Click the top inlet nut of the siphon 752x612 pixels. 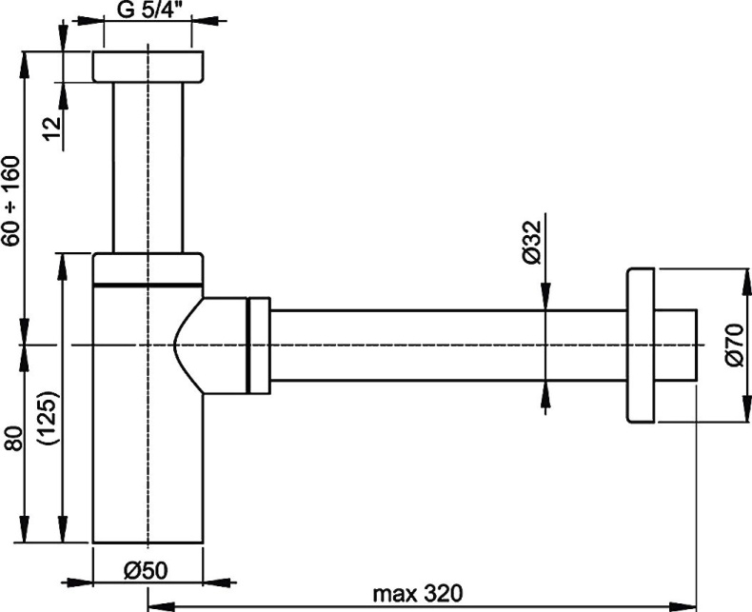(148, 68)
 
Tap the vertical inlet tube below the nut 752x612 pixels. (148, 167)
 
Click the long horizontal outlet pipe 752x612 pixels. (447, 345)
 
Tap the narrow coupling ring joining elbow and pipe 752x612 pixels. (259, 344)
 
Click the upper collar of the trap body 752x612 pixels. (148, 267)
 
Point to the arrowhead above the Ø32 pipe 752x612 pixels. (544, 299)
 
